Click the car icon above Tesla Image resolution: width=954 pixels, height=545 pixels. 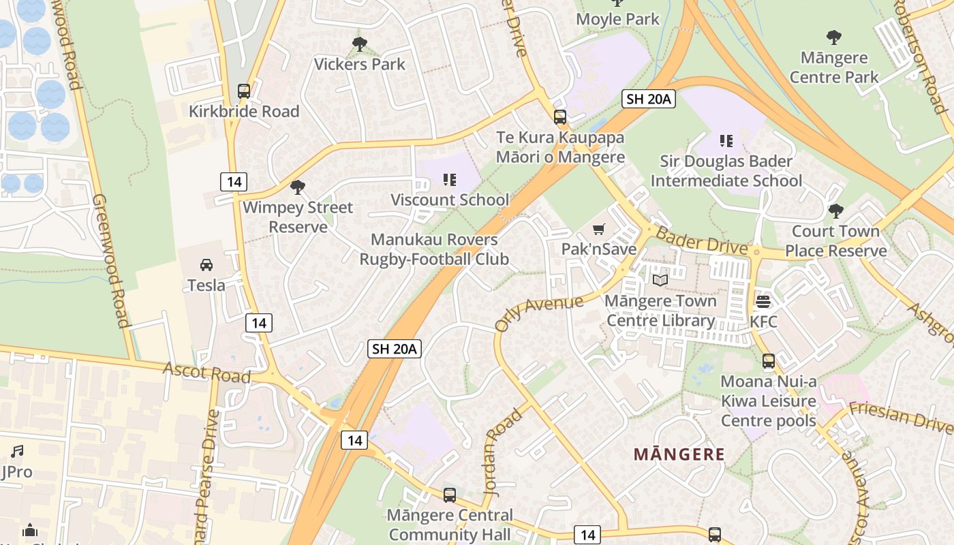(x=206, y=264)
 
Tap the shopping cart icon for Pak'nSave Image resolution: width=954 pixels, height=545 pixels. (x=599, y=229)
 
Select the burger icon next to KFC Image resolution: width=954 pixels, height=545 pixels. (x=763, y=301)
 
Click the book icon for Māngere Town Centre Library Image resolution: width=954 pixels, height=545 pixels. (x=660, y=280)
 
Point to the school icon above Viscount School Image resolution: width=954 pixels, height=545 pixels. (x=450, y=180)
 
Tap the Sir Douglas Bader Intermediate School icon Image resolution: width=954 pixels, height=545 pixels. (x=726, y=141)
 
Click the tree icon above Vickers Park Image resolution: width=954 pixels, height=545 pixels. (x=360, y=44)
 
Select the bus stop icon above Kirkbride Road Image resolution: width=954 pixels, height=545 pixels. (x=244, y=91)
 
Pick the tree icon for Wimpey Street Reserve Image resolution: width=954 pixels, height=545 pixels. (x=297, y=187)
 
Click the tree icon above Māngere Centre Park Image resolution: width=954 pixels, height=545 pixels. (x=833, y=37)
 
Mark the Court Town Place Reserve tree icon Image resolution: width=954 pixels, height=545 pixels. (x=835, y=211)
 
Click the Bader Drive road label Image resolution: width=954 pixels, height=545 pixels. (x=703, y=241)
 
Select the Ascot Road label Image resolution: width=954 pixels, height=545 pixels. (x=206, y=372)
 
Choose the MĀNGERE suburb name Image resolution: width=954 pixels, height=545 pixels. (x=679, y=454)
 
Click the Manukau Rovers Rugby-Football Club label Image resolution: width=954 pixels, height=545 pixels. (x=434, y=249)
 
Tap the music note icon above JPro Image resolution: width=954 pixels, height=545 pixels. (x=17, y=451)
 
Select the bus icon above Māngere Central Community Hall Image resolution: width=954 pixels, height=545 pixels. (x=450, y=495)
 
